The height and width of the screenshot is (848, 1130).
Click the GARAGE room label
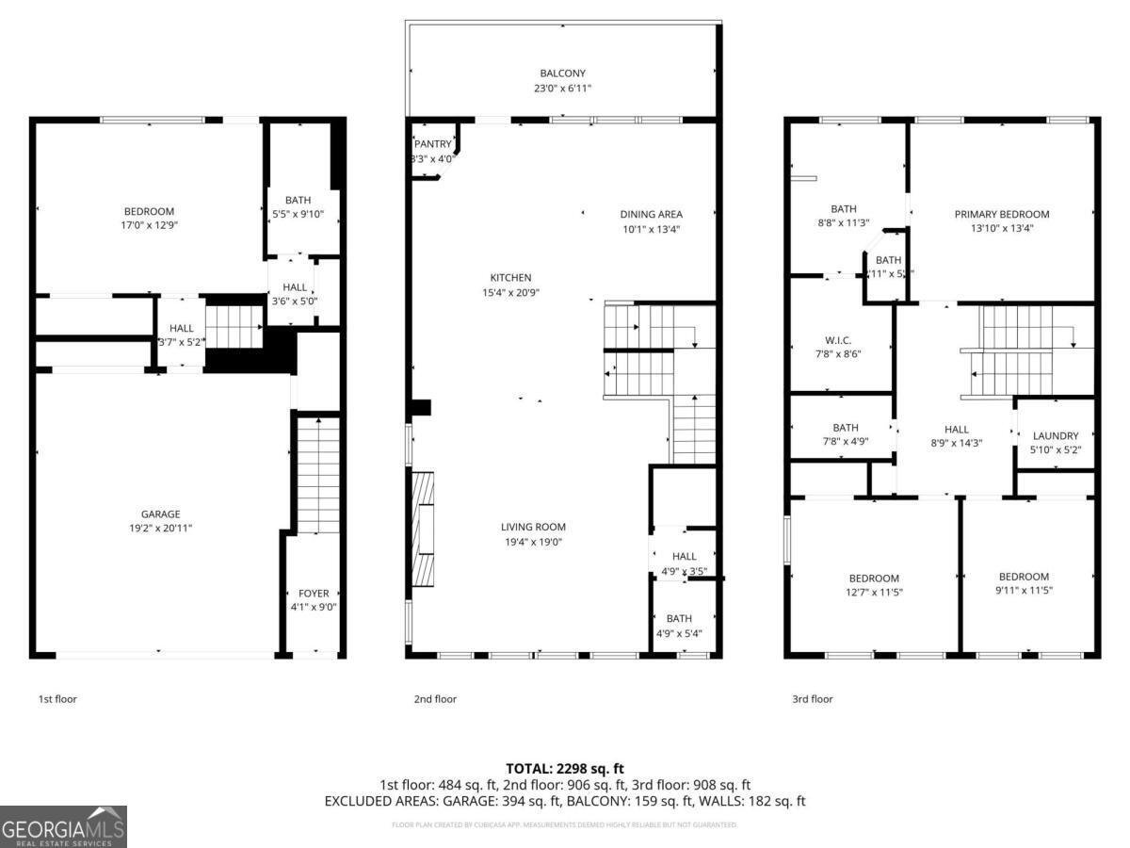click(160, 514)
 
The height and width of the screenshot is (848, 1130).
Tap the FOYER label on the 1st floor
click(314, 594)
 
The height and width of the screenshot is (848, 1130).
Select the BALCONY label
click(562, 73)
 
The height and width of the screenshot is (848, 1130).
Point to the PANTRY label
click(432, 144)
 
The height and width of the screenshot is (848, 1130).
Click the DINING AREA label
click(651, 215)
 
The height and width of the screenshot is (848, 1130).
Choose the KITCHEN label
click(510, 278)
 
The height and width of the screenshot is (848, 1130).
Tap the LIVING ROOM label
click(533, 528)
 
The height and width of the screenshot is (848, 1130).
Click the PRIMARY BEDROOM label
click(1001, 215)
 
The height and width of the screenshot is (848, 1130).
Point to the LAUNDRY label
click(1055, 436)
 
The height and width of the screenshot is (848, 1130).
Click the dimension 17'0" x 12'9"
click(149, 226)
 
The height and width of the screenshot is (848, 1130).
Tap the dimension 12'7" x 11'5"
click(874, 593)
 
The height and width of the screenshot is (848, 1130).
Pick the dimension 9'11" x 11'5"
click(1024, 591)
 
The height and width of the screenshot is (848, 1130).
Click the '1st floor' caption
click(57, 699)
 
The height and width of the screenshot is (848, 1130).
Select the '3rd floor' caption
click(812, 699)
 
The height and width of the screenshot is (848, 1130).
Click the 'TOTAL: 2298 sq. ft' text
click(565, 769)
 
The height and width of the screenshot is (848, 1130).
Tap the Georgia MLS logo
click(63, 826)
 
